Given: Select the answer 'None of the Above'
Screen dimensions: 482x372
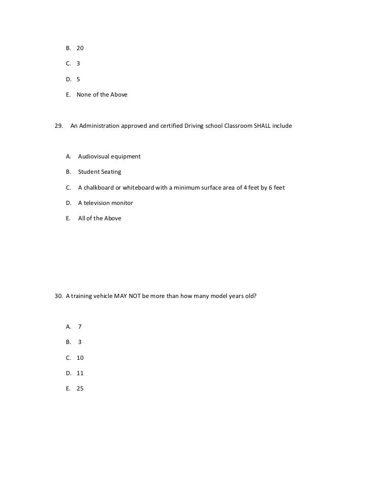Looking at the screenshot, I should tap(102, 95).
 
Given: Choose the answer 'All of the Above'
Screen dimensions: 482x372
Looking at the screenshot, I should tap(100, 218).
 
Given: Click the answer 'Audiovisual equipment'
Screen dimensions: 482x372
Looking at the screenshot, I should tap(109, 156).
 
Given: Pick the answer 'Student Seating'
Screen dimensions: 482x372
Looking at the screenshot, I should tap(100, 172).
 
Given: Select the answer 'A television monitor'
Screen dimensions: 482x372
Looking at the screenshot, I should tap(105, 203).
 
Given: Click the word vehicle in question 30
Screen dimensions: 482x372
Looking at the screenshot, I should tap(105, 296).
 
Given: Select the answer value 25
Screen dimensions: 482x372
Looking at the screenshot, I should tap(80, 388).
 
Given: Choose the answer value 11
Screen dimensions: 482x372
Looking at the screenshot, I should tap(80, 373).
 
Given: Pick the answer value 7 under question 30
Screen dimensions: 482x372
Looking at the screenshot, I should tap(80, 327).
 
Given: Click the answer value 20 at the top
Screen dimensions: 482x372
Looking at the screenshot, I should tap(80, 48).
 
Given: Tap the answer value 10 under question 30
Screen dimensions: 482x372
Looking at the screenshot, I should tap(80, 358).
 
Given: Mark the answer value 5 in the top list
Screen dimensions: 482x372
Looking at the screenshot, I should tap(78, 79).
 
